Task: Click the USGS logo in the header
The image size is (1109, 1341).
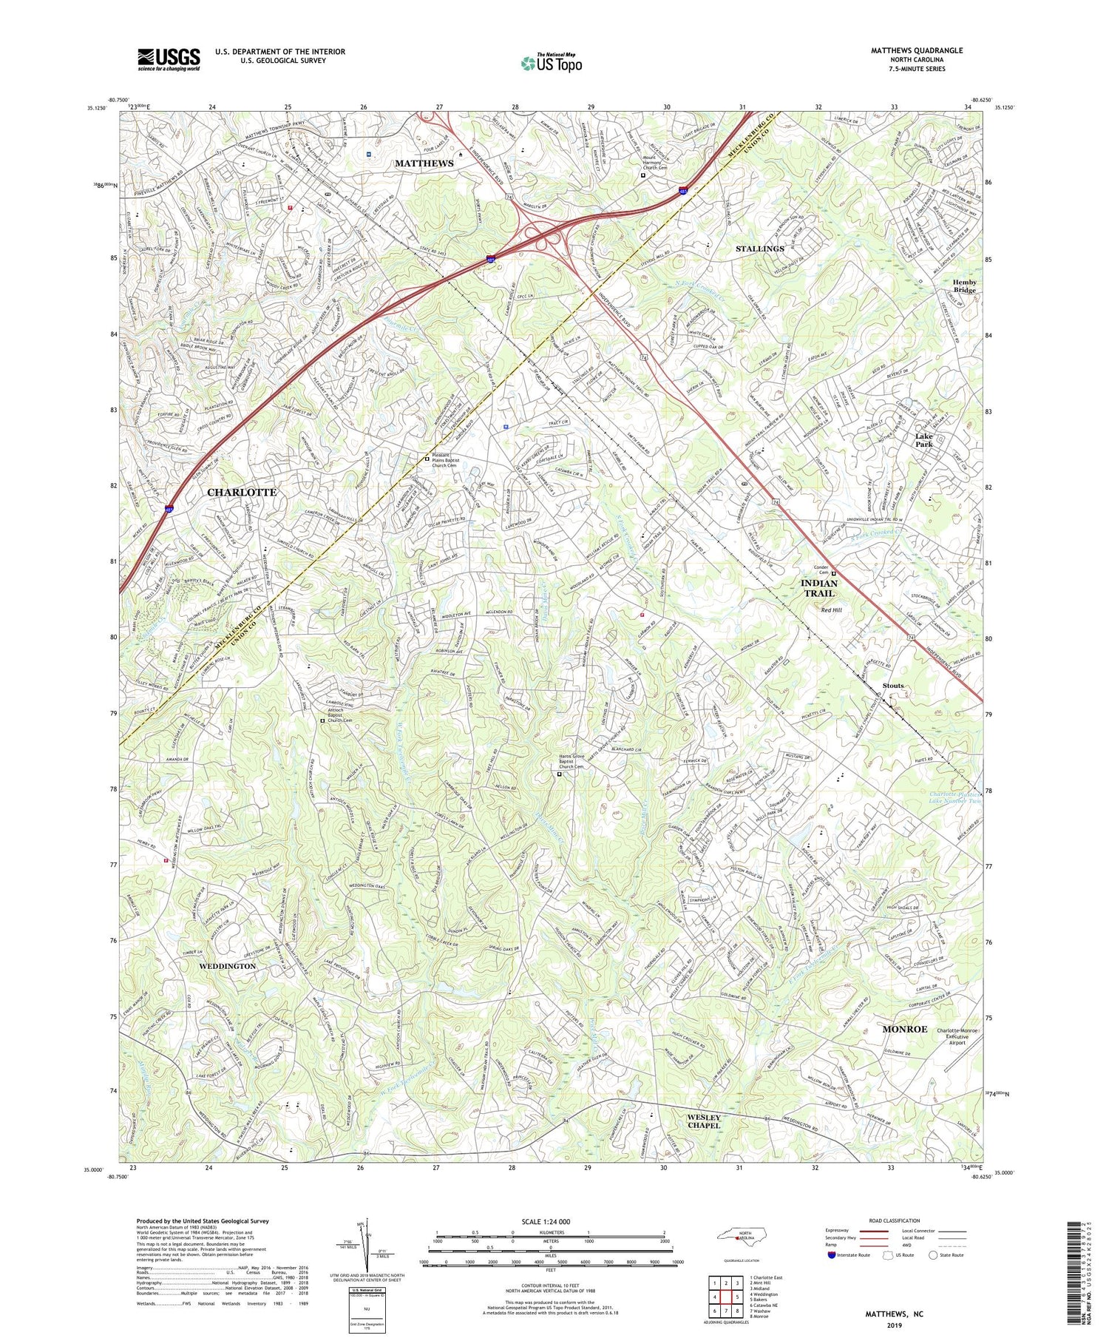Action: point(169,59)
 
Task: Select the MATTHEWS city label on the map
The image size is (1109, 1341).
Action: point(424,163)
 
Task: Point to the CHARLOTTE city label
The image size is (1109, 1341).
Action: point(242,492)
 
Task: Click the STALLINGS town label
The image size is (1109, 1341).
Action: point(759,249)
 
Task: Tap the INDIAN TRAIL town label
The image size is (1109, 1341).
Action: point(818,588)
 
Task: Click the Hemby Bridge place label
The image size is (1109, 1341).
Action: point(964,286)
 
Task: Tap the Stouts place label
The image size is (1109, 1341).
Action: point(892,686)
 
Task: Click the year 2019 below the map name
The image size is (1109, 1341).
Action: point(895,1325)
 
